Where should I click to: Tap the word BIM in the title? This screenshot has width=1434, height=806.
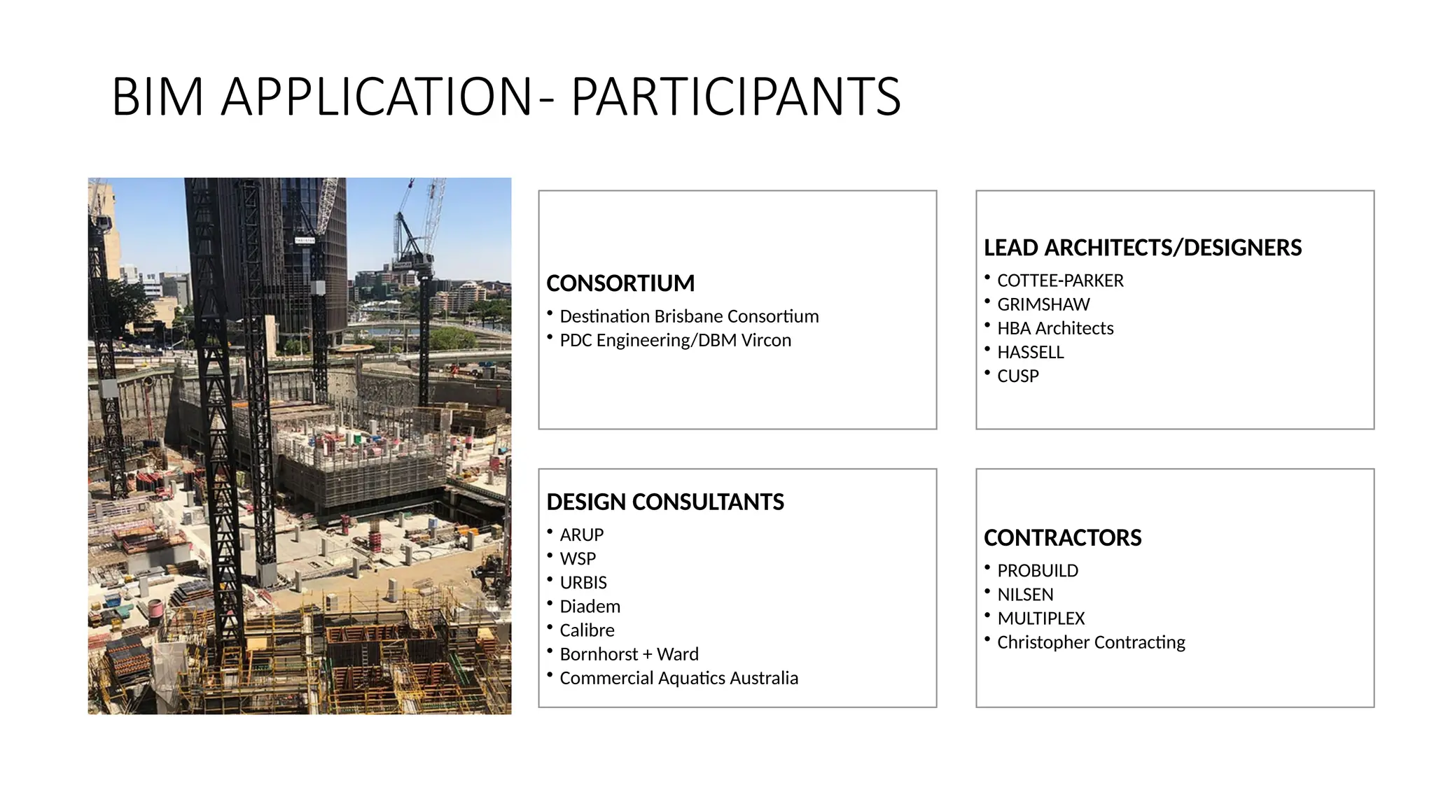click(158, 97)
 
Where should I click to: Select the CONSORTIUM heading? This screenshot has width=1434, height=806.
click(620, 283)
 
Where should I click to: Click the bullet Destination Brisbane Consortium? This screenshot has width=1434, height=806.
click(689, 316)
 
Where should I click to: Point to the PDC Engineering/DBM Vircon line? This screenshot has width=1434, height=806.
click(675, 340)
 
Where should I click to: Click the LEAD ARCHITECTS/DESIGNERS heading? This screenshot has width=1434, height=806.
click(1142, 248)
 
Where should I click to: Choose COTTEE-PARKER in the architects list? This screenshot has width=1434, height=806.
click(1060, 281)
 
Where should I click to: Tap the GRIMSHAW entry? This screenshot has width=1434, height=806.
click(1043, 304)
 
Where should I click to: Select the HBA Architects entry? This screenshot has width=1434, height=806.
click(1055, 328)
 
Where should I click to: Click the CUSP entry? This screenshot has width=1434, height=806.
click(1017, 376)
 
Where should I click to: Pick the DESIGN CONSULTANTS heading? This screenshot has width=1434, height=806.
click(664, 502)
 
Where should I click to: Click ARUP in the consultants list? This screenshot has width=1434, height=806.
click(581, 535)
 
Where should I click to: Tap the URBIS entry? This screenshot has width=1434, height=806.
click(583, 582)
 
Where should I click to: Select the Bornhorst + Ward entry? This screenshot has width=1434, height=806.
click(629, 654)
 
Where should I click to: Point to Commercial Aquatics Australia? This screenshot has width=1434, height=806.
click(678, 678)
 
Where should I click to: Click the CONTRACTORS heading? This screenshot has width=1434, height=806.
click(1062, 537)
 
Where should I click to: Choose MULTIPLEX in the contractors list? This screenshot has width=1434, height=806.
click(1040, 618)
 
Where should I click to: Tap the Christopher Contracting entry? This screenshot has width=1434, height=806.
click(1091, 642)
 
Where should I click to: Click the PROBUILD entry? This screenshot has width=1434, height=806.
click(1038, 571)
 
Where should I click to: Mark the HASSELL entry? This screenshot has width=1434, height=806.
click(1030, 352)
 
